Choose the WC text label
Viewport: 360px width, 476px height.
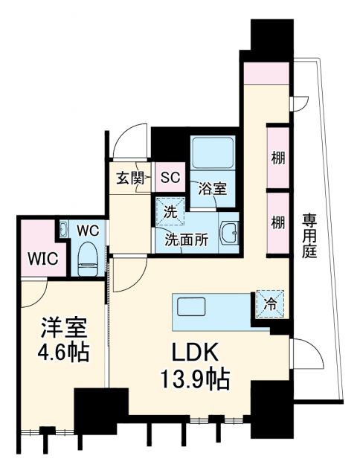click(89, 230)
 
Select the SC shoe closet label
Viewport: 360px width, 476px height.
click(171, 178)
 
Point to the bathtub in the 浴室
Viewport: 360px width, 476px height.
click(212, 152)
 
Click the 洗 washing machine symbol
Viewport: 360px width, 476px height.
click(170, 211)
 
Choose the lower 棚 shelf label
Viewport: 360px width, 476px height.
click(277, 222)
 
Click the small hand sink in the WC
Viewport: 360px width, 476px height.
click(64, 230)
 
